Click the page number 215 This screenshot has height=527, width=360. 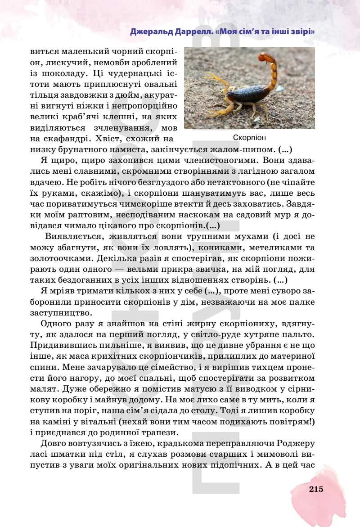[x=316, y=490]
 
